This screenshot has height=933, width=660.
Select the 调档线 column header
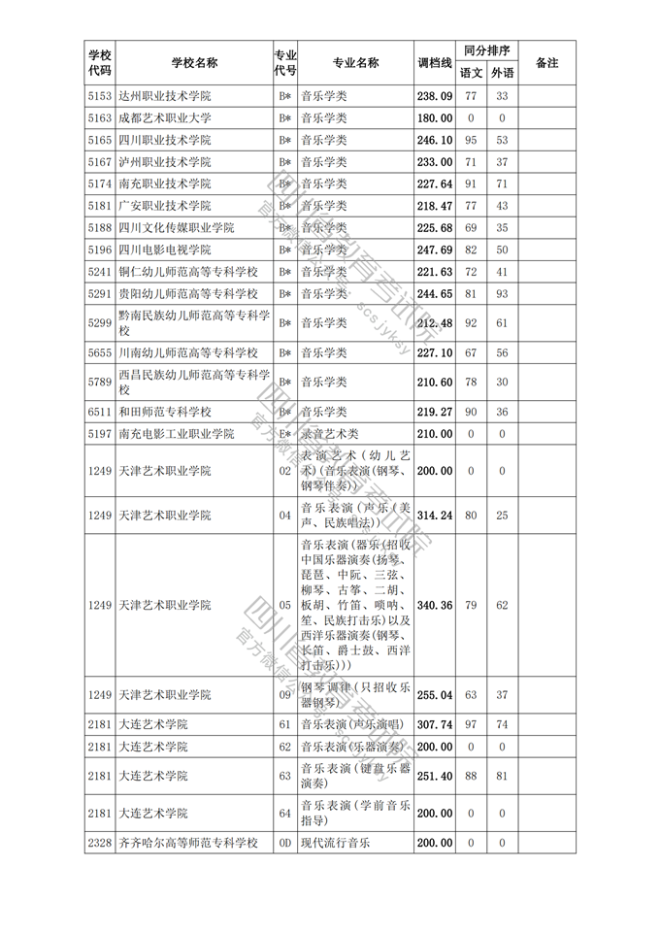(435, 63)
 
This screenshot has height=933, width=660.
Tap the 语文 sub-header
(471, 73)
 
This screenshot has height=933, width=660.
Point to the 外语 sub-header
(502, 73)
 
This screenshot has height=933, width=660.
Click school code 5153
(100, 96)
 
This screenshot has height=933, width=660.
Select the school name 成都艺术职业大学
(164, 118)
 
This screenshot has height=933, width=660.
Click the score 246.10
(435, 140)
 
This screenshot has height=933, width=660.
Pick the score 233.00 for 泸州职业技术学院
(435, 162)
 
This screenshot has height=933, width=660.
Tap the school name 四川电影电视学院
(164, 250)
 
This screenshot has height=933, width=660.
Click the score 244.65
(435, 293)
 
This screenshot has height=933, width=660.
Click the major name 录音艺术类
(329, 434)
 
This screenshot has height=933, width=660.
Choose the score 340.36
(435, 605)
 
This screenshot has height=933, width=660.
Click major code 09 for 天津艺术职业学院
(285, 695)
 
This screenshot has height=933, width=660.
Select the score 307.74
(435, 725)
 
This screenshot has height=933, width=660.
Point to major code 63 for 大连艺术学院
(285, 776)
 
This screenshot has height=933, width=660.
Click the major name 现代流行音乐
(335, 843)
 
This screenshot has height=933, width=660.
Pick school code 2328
(100, 843)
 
